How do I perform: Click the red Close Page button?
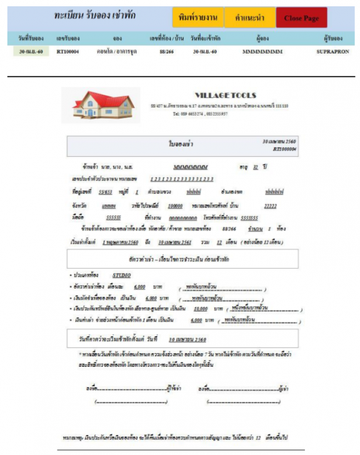301,18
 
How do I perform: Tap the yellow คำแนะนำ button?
248,18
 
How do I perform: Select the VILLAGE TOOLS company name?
225,95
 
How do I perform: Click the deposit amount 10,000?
201,308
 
